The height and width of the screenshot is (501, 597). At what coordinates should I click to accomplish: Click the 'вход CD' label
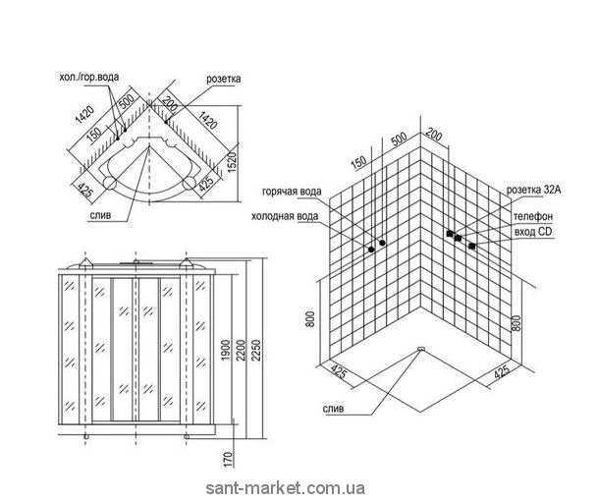click(531, 231)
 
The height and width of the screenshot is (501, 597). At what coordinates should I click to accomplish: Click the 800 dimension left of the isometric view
click(310, 319)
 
